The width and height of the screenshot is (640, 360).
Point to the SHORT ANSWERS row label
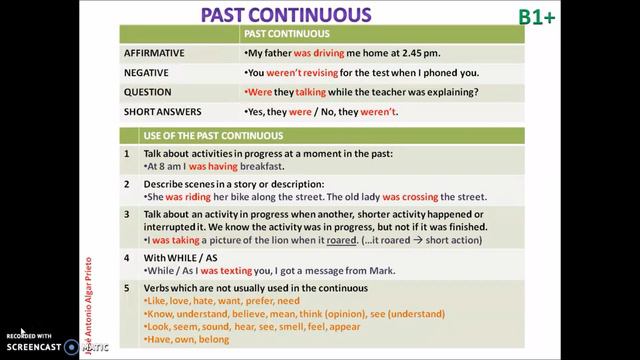click(x=163, y=112)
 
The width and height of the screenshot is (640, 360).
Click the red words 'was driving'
click(x=320, y=51)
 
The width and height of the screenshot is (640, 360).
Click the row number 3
click(x=127, y=214)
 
